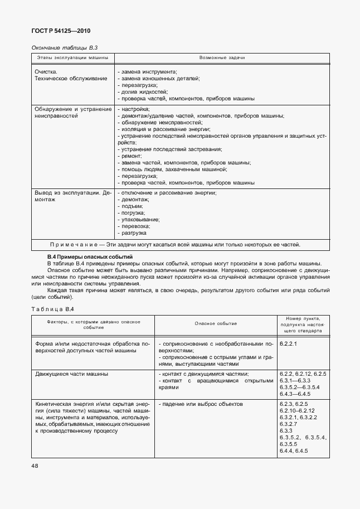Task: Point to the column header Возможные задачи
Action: coord(222,58)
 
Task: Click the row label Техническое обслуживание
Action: coord(71,79)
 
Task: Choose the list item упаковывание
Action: coord(139,220)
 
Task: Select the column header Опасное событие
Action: coord(216,323)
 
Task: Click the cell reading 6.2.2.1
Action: coord(288,344)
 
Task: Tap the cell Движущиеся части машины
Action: coord(71,374)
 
